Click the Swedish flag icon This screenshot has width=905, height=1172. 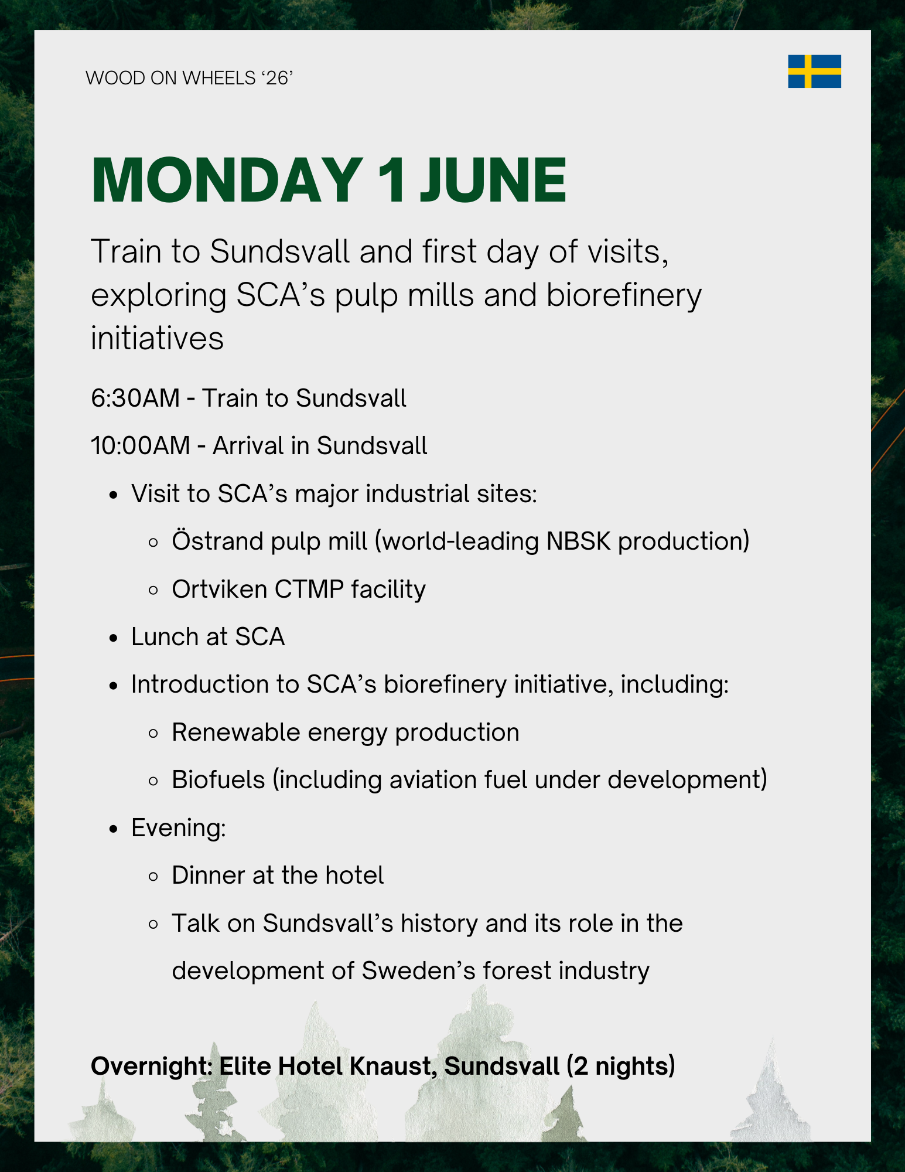[x=814, y=71]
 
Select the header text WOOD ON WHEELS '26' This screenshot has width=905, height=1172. [x=189, y=78]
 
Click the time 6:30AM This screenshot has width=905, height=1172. [x=135, y=398]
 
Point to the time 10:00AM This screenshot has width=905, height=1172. [x=141, y=446]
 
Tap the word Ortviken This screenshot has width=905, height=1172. [x=220, y=590]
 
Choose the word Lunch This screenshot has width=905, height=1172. [x=164, y=637]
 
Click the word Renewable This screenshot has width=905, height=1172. [x=236, y=732]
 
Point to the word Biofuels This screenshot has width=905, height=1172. [x=218, y=780]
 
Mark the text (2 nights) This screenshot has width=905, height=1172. [x=621, y=1067]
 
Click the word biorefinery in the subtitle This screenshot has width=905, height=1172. [x=624, y=295]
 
